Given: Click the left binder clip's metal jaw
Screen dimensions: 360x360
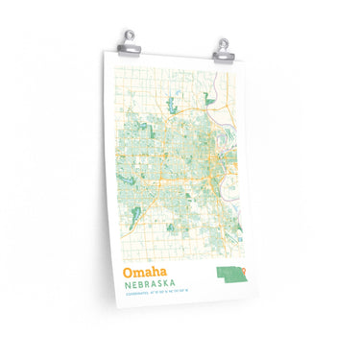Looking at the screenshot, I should coord(128,44).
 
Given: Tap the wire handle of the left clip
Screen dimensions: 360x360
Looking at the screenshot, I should coord(128,35).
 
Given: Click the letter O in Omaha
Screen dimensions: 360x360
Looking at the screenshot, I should coord(127,275).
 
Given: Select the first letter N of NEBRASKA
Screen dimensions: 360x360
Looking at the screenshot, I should coord(126,288).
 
